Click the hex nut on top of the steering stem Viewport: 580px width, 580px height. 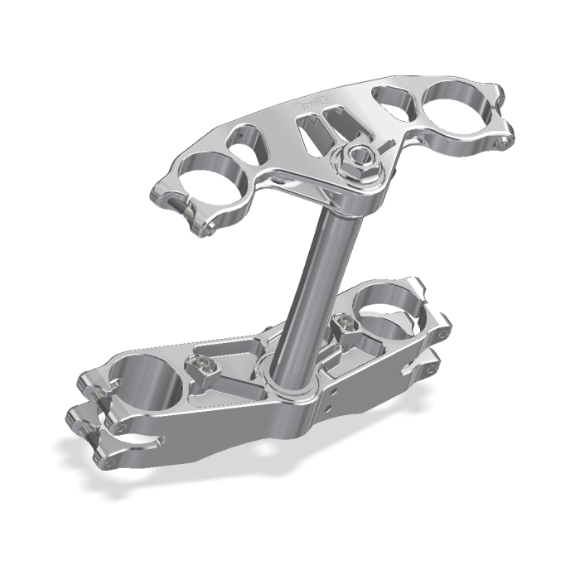357,156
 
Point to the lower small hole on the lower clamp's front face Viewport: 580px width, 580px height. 331,408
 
